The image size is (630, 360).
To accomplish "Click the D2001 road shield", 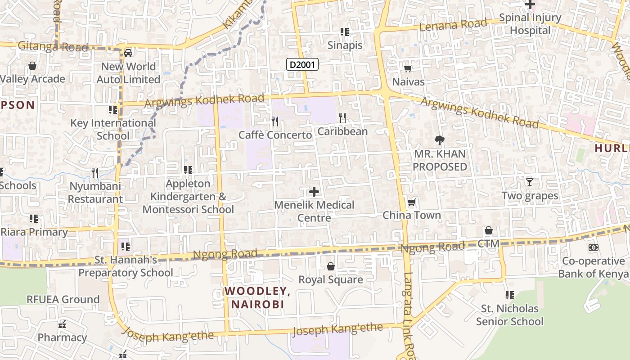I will point(302,65).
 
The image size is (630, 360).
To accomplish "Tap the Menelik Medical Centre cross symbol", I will point(314,192).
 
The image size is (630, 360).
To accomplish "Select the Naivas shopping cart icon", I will point(408,69).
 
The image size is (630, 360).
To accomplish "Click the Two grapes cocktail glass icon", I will point(530,182).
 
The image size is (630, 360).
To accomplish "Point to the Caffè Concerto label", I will point(275,135).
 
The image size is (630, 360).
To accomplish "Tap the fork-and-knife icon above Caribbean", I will point(342,118).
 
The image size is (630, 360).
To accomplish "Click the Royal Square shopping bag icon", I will point(331,266).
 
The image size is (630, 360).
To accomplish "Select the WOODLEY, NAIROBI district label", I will point(258,297).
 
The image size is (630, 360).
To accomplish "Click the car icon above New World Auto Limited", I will point(128,53).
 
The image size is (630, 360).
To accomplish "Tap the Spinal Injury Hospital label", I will point(530,24).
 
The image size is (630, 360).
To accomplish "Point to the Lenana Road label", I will point(453,25).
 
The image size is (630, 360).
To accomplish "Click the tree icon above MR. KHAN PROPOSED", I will point(440,140).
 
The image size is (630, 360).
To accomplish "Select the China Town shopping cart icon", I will point(411,202).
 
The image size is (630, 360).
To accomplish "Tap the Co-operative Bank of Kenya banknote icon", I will point(594,247).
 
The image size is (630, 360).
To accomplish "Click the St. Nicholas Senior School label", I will point(509,315).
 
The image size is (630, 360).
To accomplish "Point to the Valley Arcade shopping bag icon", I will point(32,66).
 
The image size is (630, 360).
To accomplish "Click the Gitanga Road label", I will point(53,46).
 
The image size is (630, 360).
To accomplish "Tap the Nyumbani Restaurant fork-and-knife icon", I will point(95,173).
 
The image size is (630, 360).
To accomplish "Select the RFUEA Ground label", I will point(63,299).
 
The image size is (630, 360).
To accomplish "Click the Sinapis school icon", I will point(345,32).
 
